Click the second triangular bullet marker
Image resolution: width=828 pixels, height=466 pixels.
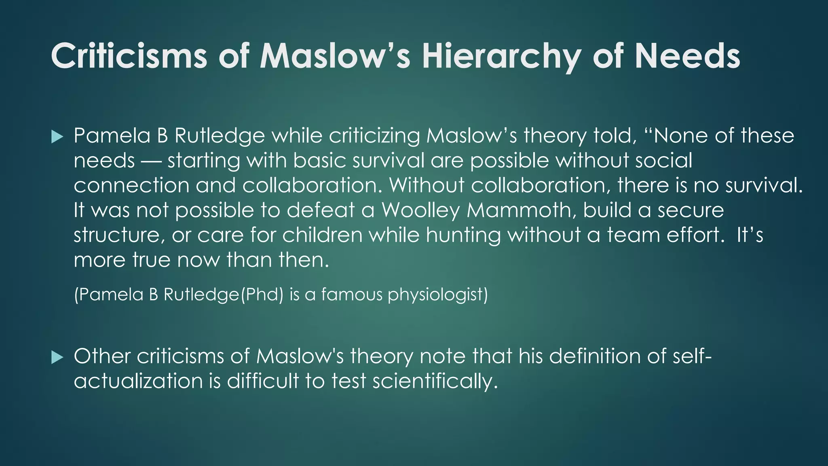click(57, 358)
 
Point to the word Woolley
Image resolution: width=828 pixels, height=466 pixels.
click(420, 210)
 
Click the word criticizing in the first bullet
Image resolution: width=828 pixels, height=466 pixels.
click(374, 136)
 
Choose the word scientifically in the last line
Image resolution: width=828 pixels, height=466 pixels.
click(435, 381)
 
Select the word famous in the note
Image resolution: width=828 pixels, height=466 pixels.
click(351, 294)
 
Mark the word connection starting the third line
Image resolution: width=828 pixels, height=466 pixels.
click(131, 186)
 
